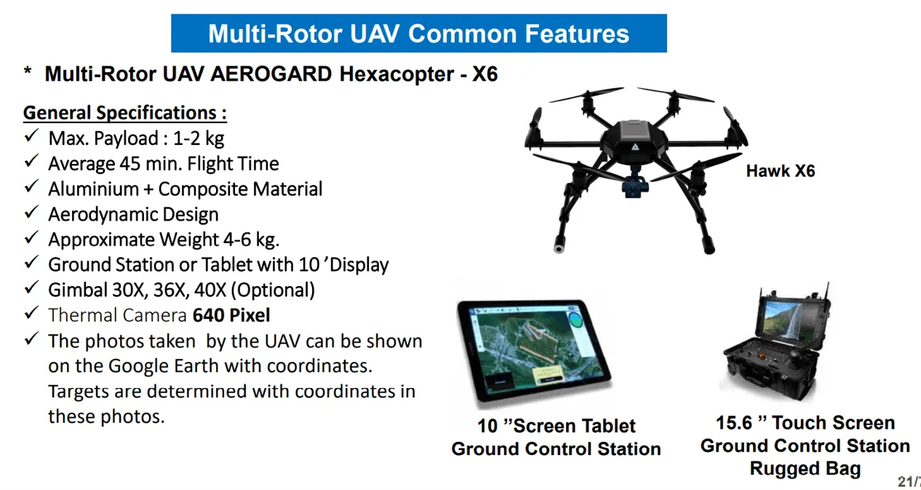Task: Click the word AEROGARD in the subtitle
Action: [x=271, y=74]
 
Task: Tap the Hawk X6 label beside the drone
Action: [x=781, y=171]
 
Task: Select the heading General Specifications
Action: [x=124, y=113]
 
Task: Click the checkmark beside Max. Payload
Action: [x=31, y=135]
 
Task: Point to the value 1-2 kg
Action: [x=198, y=138]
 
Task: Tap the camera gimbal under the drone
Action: [x=635, y=183]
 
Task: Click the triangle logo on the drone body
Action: [x=635, y=146]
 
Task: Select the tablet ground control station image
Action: [x=535, y=352]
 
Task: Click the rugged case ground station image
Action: [x=776, y=343]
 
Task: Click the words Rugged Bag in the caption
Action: [x=805, y=469]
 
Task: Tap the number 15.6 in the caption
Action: [x=733, y=422]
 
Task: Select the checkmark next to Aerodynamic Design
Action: [x=31, y=212]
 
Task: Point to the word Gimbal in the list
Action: [x=78, y=290]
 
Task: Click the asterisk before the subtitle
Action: [x=28, y=71]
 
